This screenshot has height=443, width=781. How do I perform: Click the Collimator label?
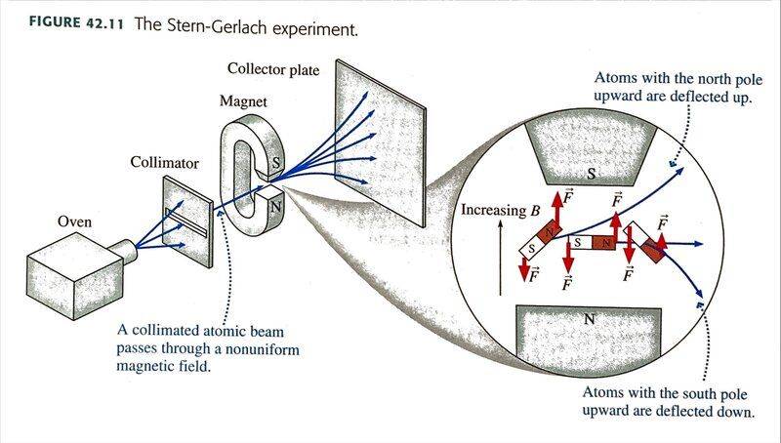[164, 162]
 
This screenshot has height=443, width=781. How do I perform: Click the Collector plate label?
[274, 68]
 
